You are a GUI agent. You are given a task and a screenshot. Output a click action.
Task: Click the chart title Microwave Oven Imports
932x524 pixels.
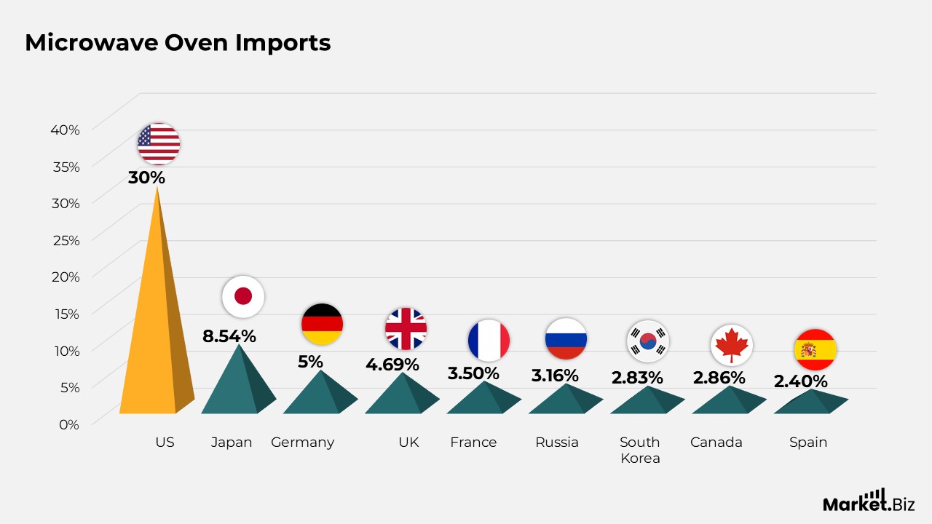(178, 42)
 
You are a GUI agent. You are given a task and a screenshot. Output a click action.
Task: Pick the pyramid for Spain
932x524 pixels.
(810, 402)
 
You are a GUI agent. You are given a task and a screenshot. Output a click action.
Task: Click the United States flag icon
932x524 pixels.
(159, 144)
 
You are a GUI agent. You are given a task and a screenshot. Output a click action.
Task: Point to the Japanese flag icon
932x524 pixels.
(243, 296)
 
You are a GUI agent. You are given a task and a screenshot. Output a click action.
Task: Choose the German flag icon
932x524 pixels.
(322, 324)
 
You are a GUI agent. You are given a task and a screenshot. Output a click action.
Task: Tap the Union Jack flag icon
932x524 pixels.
(406, 328)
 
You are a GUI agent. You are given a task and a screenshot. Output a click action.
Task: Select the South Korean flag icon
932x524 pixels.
(648, 341)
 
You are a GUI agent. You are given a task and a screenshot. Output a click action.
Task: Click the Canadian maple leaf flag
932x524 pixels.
(732, 345)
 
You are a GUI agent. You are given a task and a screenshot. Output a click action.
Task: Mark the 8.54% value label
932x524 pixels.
(229, 336)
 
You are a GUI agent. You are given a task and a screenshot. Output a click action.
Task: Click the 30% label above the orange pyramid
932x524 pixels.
(146, 178)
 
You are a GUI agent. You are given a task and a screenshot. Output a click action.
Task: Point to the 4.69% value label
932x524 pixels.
(392, 365)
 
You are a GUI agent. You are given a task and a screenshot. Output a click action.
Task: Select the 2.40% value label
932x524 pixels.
(800, 381)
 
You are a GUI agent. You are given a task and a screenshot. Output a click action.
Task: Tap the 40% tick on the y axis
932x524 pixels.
(65, 130)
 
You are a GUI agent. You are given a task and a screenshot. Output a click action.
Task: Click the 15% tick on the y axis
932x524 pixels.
(67, 314)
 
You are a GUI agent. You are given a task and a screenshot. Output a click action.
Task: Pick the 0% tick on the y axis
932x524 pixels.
(69, 424)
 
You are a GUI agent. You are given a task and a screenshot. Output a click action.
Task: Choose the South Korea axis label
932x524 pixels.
(640, 450)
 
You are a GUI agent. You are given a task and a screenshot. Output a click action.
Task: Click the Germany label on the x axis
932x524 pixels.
(302, 442)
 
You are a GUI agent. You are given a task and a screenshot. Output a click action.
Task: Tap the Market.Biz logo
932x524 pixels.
(869, 501)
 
